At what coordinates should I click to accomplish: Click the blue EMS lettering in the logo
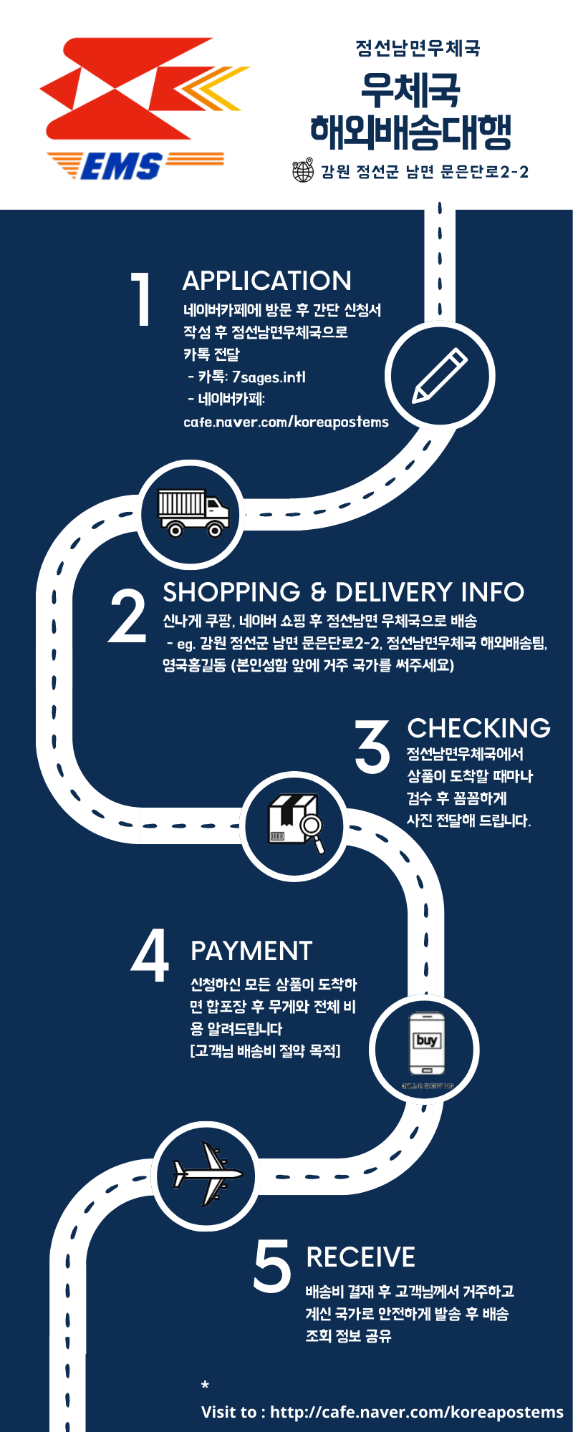[x=121, y=166]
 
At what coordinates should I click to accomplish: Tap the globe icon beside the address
[x=304, y=170]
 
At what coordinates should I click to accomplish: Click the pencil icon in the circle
[x=440, y=375]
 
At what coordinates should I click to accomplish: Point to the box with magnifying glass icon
[x=294, y=823]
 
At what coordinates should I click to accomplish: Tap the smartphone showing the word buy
[x=426, y=1044]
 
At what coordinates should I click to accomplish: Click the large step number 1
[x=141, y=299]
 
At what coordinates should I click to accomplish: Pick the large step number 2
[x=127, y=614]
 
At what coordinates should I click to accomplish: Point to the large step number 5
[x=273, y=1267]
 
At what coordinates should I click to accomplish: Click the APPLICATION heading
[x=267, y=281]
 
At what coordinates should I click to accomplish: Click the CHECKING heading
[x=479, y=728]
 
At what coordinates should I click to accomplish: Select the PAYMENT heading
[x=251, y=951]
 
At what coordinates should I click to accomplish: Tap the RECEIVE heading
[x=360, y=1257]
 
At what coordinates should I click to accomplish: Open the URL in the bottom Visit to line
[x=417, y=1412]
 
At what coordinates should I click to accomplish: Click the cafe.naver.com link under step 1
[x=286, y=422]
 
